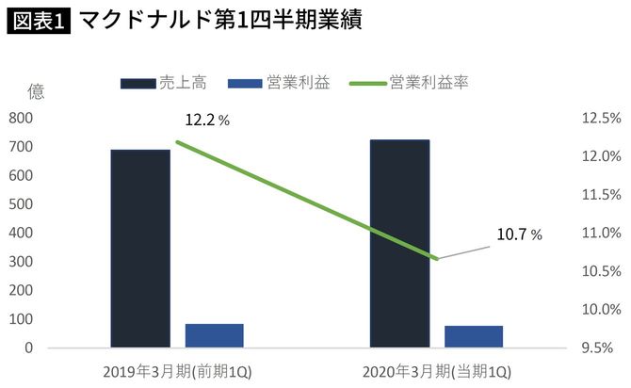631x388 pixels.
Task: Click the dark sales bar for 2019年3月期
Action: (140, 249)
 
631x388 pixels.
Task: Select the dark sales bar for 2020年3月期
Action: (399, 244)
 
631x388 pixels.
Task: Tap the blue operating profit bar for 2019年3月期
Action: (215, 336)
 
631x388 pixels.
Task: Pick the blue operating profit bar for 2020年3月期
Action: (474, 337)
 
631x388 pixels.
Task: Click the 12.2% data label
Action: (207, 120)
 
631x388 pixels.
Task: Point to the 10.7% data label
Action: (519, 234)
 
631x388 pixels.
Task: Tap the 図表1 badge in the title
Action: (39, 20)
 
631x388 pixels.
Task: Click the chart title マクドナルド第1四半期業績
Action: (222, 20)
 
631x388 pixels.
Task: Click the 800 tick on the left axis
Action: (20, 118)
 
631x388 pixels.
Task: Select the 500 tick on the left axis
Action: (20, 204)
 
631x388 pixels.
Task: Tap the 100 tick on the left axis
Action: (20, 319)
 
